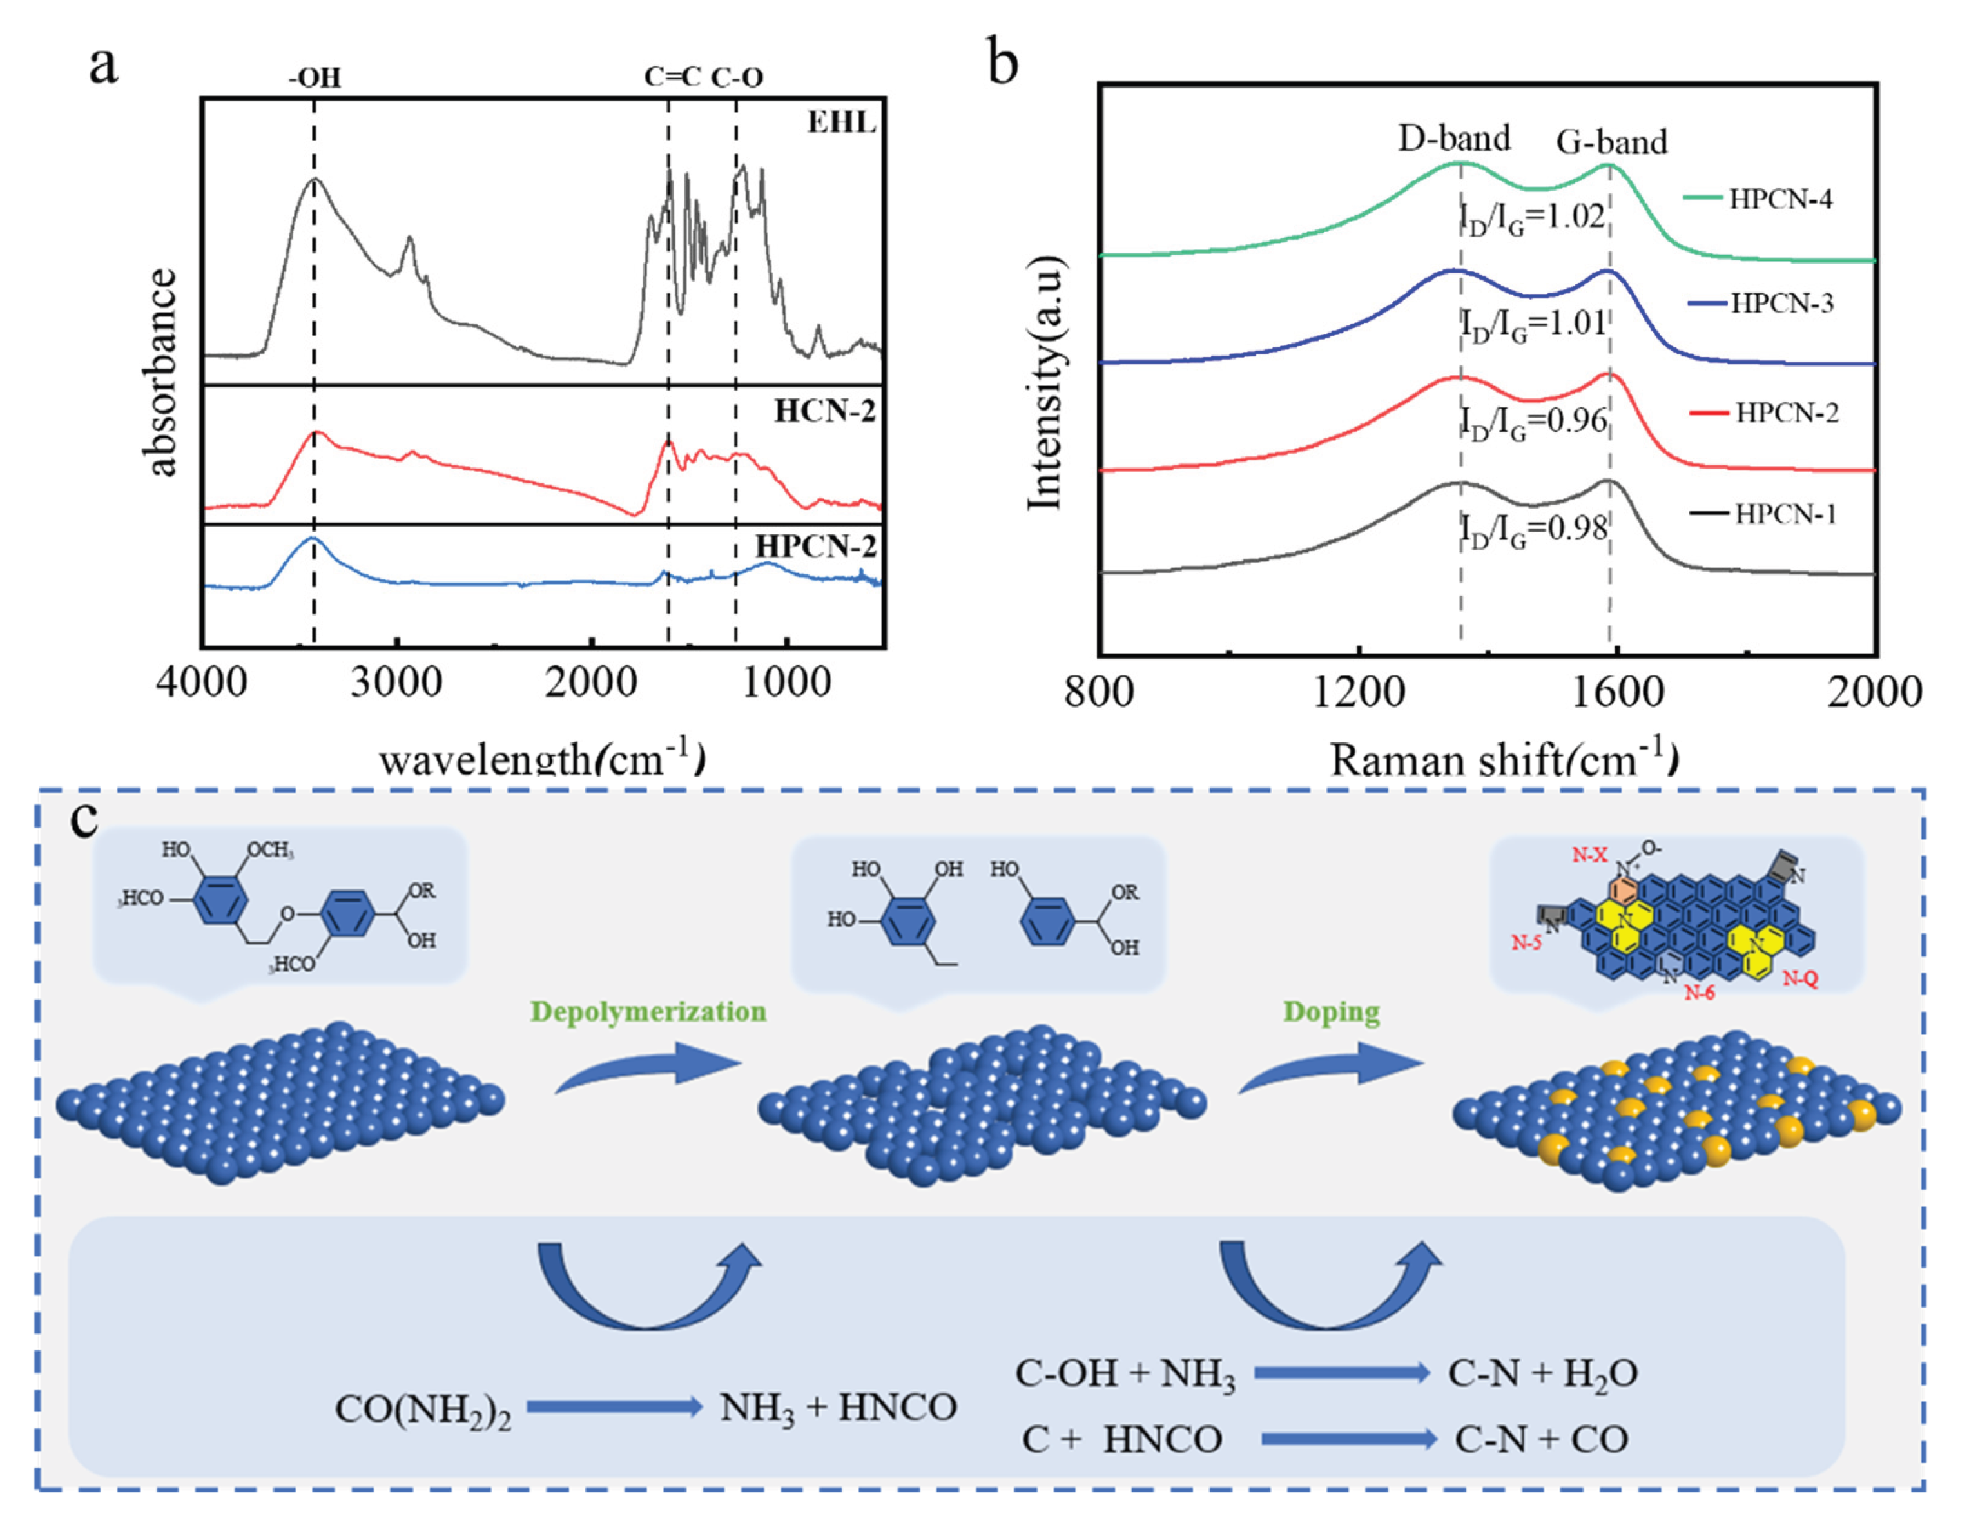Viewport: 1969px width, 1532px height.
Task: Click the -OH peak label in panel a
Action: [x=315, y=77]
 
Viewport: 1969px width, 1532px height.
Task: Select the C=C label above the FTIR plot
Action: [x=672, y=77]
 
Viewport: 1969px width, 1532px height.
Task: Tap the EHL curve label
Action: [x=841, y=122]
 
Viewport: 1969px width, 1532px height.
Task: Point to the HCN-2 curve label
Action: [x=825, y=411]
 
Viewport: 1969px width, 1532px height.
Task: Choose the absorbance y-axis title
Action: [x=161, y=371]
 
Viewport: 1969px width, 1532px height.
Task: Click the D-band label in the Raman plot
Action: [x=1454, y=138]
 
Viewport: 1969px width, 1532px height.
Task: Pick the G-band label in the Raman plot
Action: [x=1612, y=142]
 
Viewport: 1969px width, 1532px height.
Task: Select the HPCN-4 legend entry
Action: [x=1759, y=199]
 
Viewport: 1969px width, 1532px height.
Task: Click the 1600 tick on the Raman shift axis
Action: [x=1616, y=692]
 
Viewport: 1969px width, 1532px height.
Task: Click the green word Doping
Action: [x=1332, y=1012]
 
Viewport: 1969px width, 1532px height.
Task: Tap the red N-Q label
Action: [x=1800, y=979]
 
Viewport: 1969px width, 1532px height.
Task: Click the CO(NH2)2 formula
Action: [x=423, y=1408]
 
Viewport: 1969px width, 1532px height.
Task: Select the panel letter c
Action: [x=84, y=818]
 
